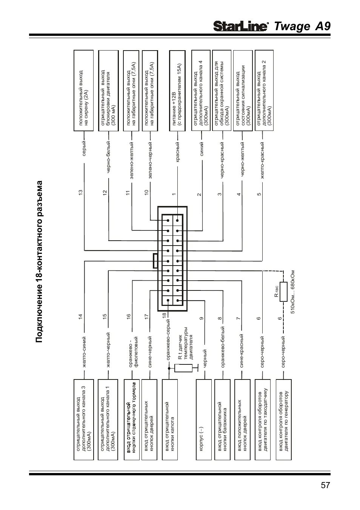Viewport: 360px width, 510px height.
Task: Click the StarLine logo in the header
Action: (x=241, y=26)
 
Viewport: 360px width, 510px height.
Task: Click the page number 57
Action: (x=326, y=485)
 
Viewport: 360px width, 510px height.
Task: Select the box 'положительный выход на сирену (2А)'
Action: (x=84, y=91)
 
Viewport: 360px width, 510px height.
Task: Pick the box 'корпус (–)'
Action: (x=204, y=419)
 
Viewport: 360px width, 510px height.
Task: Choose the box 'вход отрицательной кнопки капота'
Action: (x=170, y=419)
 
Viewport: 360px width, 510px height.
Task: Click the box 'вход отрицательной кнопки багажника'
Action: (x=222, y=419)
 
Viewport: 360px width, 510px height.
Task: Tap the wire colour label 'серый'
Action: (x=84, y=148)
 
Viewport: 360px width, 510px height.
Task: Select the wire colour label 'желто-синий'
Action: (x=84, y=352)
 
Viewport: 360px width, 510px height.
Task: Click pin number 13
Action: (x=80, y=192)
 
